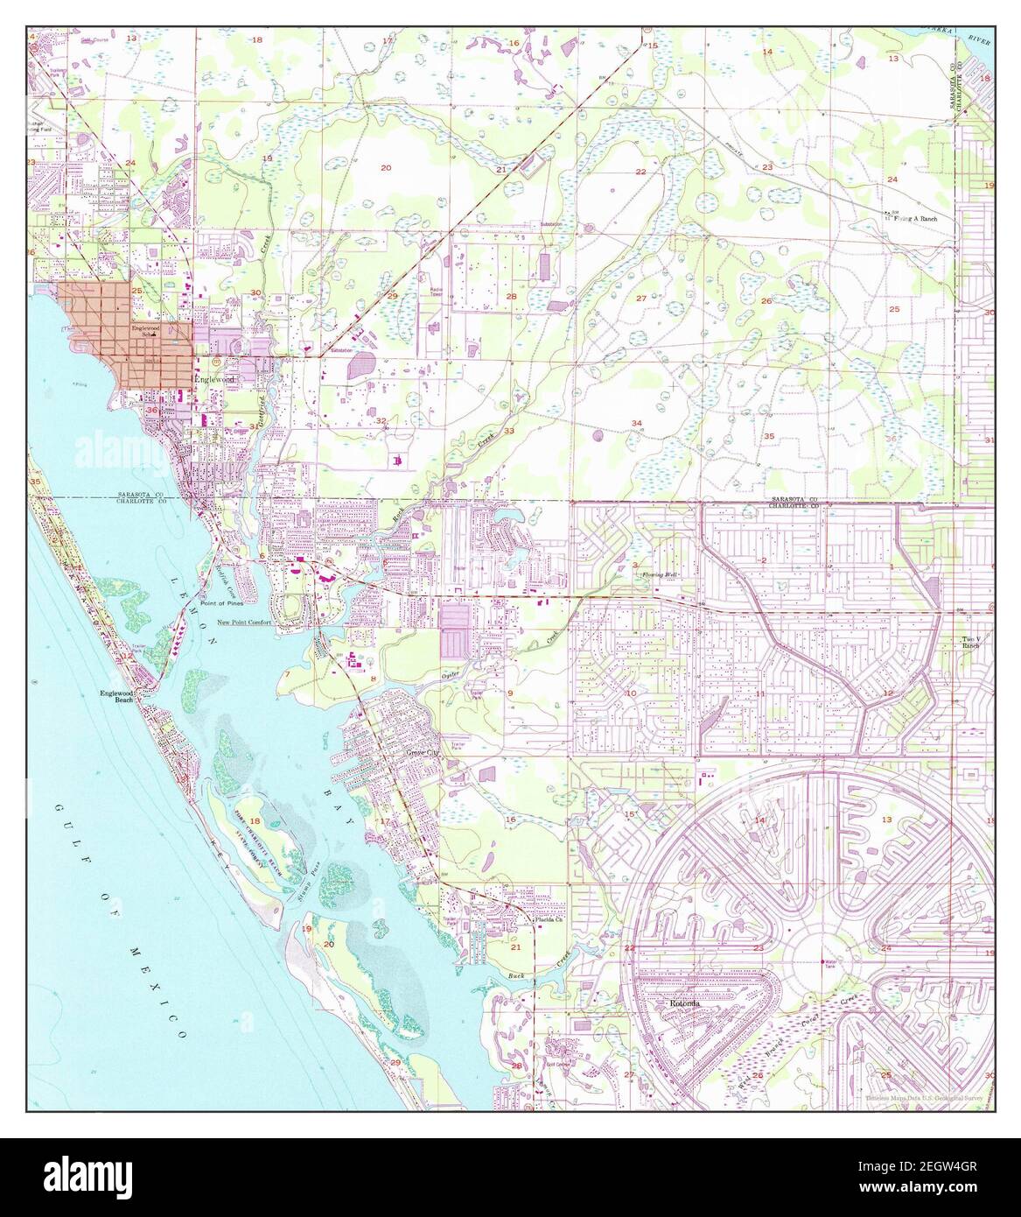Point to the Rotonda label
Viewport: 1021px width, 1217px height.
point(683,1004)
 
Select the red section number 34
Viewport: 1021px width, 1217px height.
point(636,424)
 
